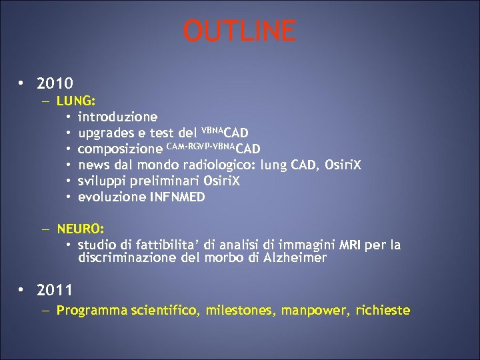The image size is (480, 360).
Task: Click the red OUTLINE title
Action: [x=239, y=31]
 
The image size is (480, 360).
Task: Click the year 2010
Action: [x=55, y=84]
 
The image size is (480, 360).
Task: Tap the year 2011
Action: [x=55, y=290]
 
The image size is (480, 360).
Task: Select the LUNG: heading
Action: [x=77, y=101]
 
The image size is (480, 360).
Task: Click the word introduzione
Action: [x=118, y=117]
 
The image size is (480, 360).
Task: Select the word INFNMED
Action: [x=178, y=197]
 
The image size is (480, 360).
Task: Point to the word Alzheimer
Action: [x=293, y=257]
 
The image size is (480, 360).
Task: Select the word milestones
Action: [x=241, y=310]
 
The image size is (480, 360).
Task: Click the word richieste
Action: [x=383, y=310]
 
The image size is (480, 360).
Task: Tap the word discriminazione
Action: [x=127, y=257]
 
